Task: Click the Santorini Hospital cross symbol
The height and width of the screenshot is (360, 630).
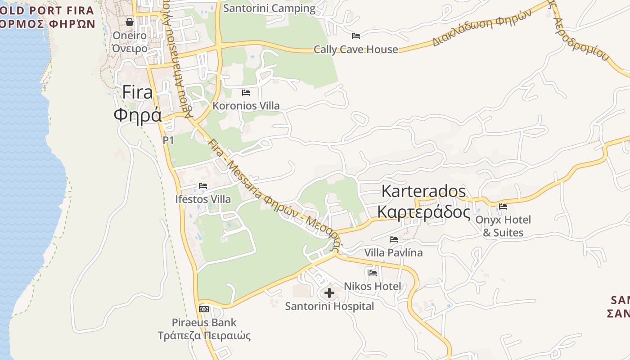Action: (329, 293)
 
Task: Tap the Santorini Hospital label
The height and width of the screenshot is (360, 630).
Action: (329, 306)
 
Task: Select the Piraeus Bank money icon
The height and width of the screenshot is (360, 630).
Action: (204, 309)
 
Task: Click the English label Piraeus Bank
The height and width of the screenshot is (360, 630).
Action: (204, 323)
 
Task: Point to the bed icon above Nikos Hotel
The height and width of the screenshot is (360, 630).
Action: (373, 273)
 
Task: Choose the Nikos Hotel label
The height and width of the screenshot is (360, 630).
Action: (372, 286)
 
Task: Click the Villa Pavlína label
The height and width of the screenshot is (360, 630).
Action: (393, 252)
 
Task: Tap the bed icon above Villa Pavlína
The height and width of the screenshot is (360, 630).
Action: (394, 239)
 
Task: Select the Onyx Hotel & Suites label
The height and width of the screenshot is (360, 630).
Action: (503, 226)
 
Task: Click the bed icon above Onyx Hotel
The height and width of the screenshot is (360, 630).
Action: (503, 207)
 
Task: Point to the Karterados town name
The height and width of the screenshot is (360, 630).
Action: (423, 191)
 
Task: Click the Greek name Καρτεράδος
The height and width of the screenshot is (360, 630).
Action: (423, 211)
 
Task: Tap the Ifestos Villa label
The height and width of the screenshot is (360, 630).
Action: (203, 199)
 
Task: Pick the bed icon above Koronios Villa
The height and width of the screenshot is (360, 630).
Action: (246, 93)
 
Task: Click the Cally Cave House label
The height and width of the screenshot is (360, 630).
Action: (355, 49)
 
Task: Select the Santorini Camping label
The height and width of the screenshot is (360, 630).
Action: (269, 8)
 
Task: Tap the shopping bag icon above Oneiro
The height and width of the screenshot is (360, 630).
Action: (130, 22)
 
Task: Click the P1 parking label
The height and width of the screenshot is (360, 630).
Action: (168, 140)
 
